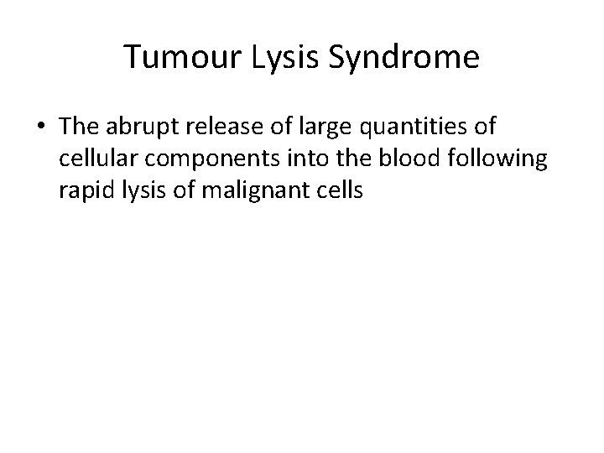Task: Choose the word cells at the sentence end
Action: pos(339,190)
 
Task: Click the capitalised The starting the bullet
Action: pos(76,128)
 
